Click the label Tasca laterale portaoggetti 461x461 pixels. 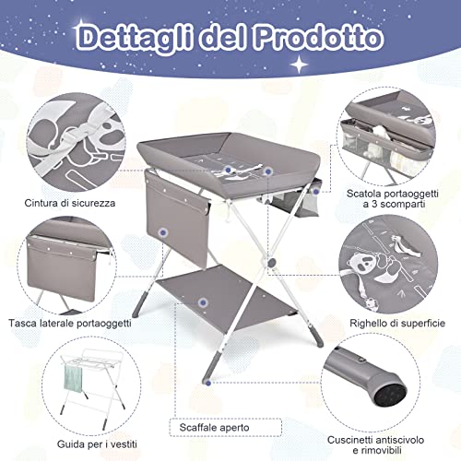pyautogui.click(x=70, y=323)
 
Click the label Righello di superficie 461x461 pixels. pyautogui.click(x=398, y=325)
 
